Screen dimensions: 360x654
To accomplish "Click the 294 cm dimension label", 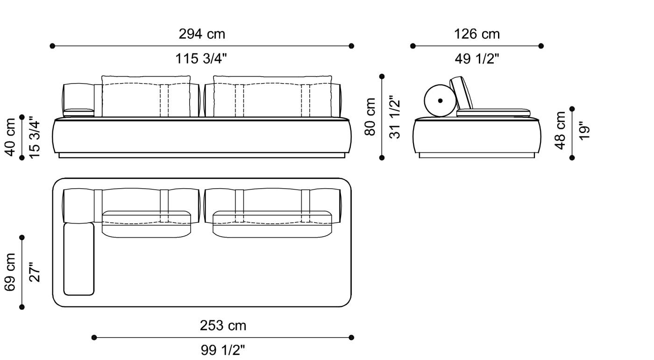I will (202, 34).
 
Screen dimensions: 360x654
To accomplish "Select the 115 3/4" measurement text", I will (202, 59).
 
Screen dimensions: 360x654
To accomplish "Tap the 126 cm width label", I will (476, 34).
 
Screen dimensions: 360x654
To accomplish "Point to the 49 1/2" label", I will (476, 59).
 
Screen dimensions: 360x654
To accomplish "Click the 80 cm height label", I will (370, 117).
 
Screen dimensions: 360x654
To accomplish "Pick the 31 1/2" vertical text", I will (395, 117).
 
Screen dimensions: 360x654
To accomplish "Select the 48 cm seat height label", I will (560, 130).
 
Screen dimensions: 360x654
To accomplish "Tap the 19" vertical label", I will (584, 130).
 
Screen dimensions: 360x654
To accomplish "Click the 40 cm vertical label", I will (10, 137).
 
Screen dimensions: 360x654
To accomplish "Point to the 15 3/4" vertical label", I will (35, 137).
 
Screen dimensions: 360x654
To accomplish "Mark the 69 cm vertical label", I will (10, 272).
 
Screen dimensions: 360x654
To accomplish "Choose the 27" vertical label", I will (35, 272).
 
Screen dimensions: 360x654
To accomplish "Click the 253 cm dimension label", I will (223, 325).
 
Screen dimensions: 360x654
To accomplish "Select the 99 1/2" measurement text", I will (223, 350).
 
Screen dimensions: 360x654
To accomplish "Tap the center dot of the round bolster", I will (440, 100).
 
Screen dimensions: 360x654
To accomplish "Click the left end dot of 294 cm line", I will (52, 46).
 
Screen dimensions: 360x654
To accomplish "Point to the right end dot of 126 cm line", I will (541, 46).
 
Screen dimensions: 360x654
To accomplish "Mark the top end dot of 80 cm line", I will (382, 76).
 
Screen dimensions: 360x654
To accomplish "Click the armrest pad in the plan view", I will (79, 259).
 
